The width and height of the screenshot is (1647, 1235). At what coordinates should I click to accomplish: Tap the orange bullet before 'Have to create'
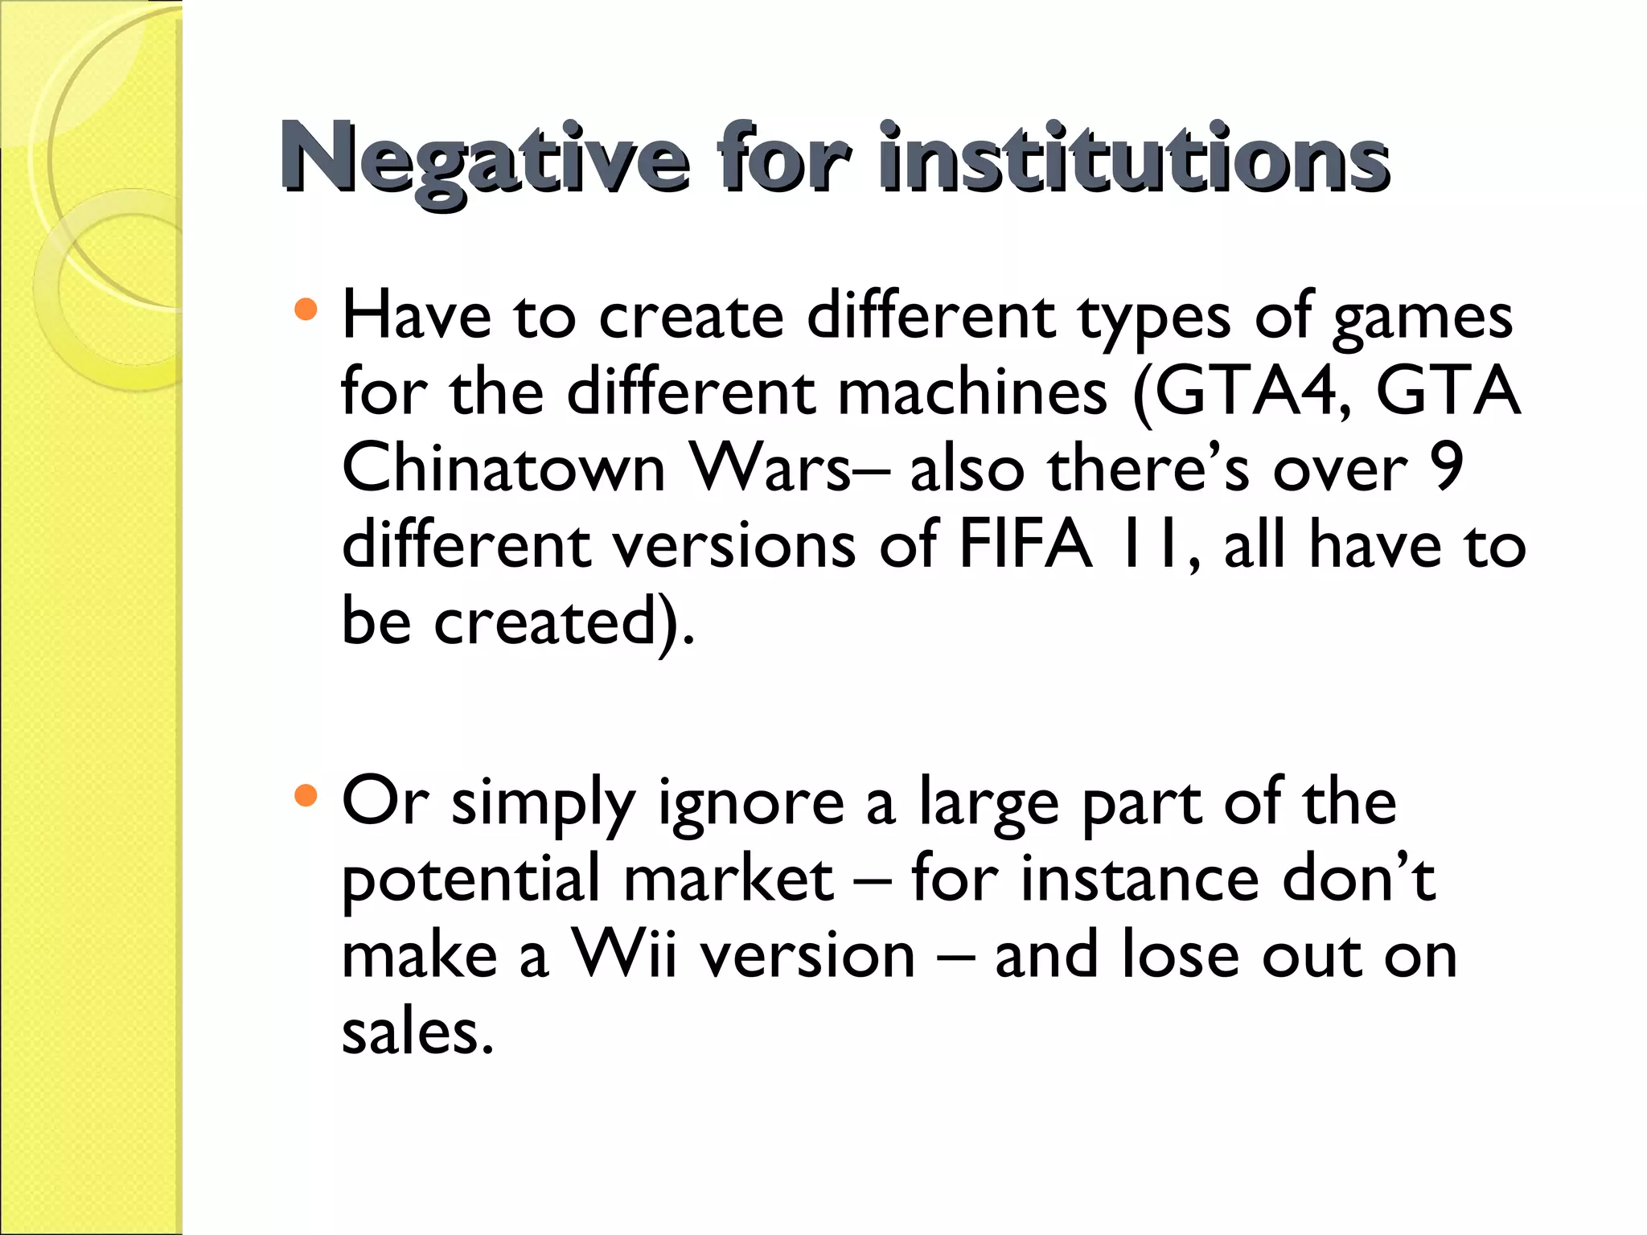306,310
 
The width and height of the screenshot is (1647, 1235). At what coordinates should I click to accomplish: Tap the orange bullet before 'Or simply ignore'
306,796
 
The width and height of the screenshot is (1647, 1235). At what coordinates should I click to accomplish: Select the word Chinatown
503,469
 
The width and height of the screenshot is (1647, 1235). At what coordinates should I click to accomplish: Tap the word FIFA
1025,545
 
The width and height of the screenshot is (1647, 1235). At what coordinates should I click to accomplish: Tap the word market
728,879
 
